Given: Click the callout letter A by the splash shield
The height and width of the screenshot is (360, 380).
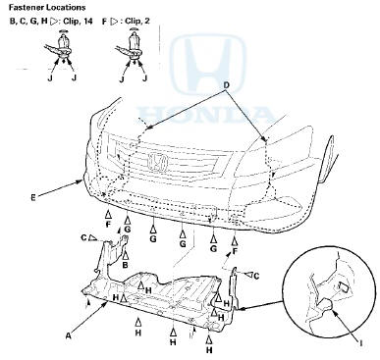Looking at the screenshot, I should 68,334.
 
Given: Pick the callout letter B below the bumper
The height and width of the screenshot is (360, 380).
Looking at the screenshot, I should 125,265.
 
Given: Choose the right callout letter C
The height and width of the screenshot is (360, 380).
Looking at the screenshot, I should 257,276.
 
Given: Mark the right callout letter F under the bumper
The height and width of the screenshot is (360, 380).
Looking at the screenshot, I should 234,252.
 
